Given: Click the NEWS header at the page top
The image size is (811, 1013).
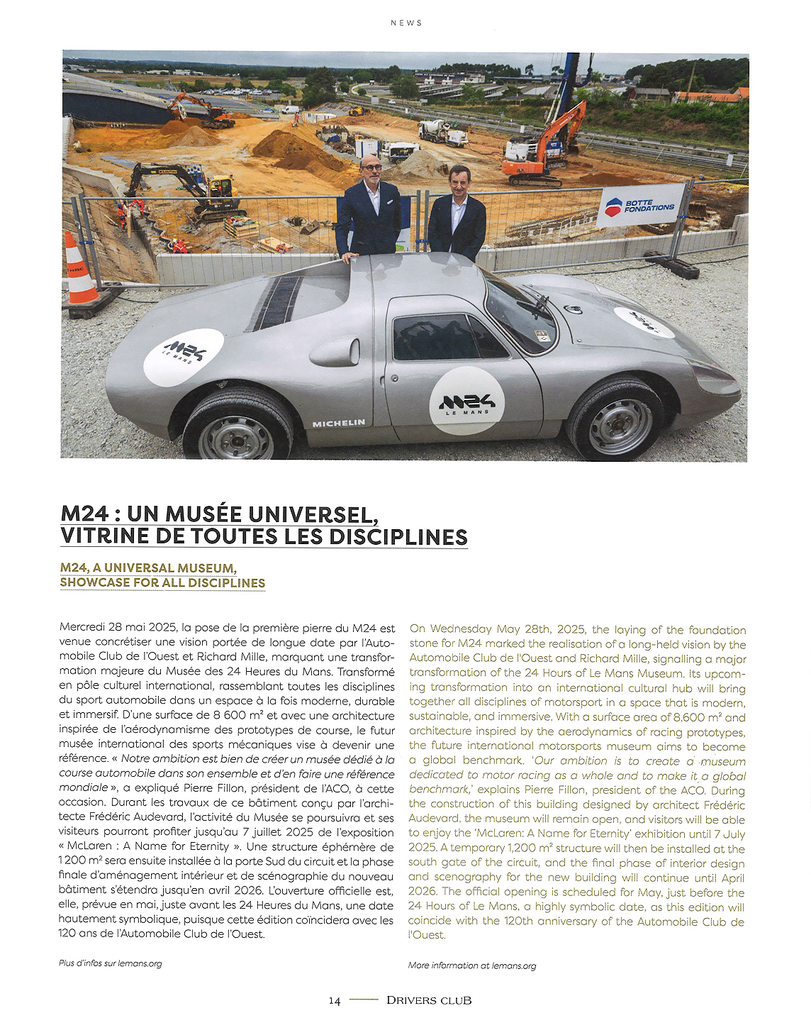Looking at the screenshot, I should click(406, 23).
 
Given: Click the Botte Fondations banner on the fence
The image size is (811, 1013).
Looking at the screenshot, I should click(641, 206).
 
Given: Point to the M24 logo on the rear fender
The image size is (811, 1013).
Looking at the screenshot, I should click(184, 357).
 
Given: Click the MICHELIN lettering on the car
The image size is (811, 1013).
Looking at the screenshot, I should click(339, 424).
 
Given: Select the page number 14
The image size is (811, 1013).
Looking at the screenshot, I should click(335, 1000).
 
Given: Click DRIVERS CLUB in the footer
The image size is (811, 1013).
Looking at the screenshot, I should click(429, 1000).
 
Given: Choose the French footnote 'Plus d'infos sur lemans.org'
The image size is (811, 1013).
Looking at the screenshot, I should click(110, 963).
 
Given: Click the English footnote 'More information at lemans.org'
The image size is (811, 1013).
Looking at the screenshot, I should click(472, 965).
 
